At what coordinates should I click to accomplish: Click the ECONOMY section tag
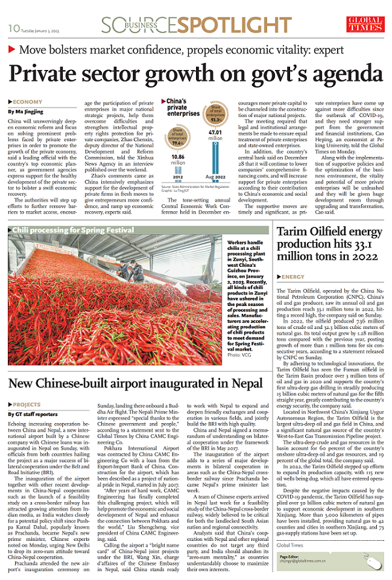click(x=28, y=102)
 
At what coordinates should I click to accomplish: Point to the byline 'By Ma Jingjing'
click(x=26, y=112)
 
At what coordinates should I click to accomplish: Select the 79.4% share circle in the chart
click(x=177, y=135)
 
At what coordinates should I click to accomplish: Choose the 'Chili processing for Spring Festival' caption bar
click(x=73, y=230)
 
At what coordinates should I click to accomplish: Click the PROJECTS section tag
click(x=27, y=404)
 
